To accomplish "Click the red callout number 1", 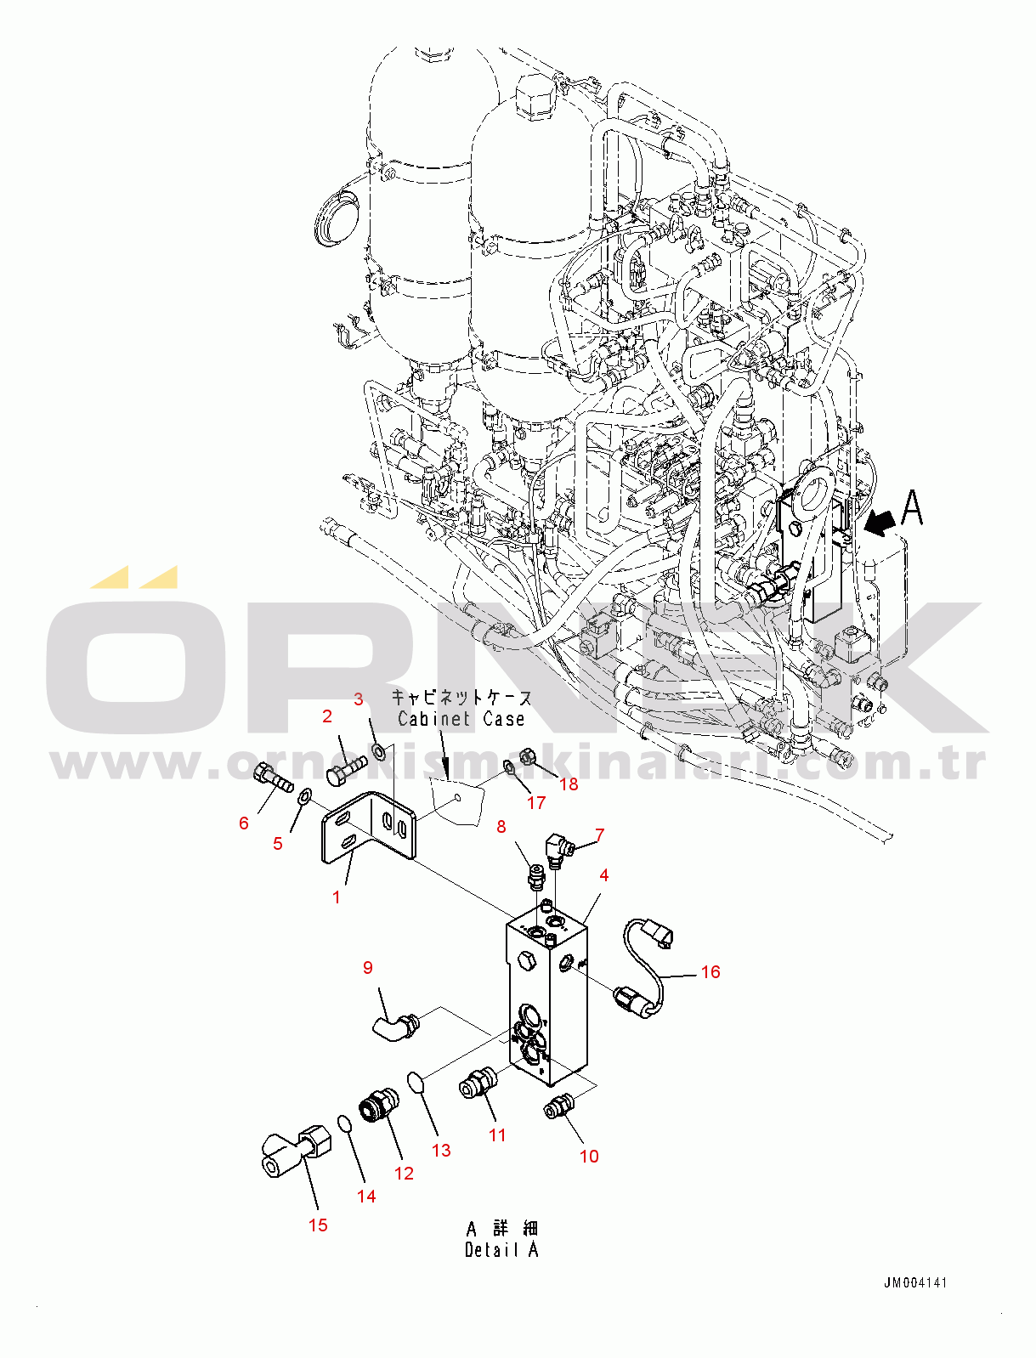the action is [x=337, y=897].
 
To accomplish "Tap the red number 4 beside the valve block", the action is [x=604, y=874].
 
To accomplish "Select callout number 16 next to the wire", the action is [x=710, y=972].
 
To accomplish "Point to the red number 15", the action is [x=318, y=1225].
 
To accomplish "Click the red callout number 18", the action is [x=569, y=784].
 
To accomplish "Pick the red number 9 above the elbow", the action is [x=368, y=968].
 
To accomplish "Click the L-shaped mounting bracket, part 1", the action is [x=369, y=827].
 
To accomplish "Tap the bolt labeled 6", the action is [x=274, y=778].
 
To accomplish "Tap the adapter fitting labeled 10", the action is [x=558, y=1105].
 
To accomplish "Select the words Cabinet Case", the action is [x=461, y=719].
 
